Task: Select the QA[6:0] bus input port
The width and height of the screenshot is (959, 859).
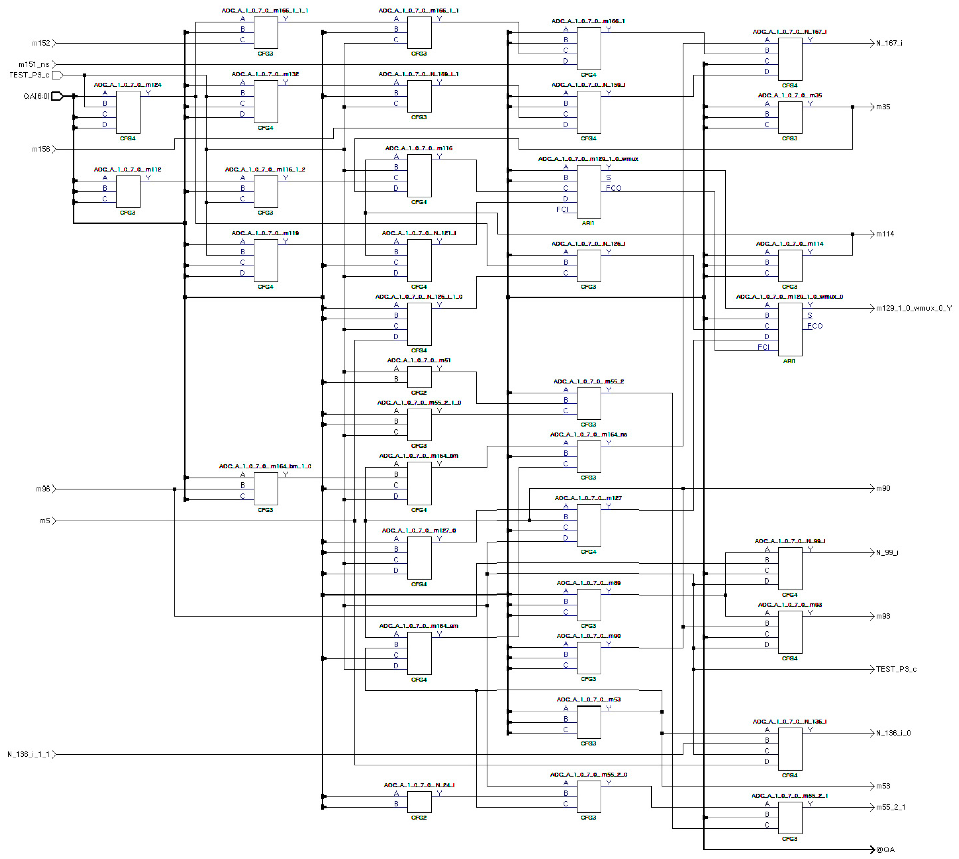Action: point(57,96)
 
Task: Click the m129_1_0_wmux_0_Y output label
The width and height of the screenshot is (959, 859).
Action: point(913,308)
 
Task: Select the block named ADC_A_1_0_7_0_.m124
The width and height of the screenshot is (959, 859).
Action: point(128,112)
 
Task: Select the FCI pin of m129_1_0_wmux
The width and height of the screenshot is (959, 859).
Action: point(562,209)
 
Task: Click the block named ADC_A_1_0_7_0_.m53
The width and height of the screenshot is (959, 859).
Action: point(589,722)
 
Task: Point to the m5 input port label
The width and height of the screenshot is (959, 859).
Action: point(45,521)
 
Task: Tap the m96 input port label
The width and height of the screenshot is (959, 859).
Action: point(42,489)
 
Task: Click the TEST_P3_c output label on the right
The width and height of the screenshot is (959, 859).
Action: point(896,669)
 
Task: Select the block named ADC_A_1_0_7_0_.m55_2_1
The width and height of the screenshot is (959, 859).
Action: point(790,818)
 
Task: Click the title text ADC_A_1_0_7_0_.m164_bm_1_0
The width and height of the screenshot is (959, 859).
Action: point(265,466)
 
